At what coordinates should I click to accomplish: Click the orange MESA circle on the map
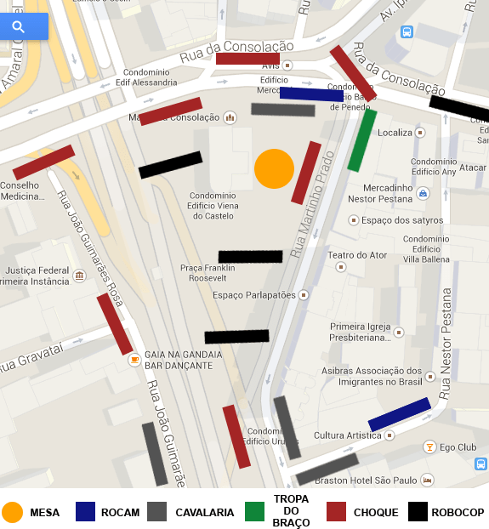click(274, 168)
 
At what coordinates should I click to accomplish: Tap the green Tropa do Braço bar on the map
click(361, 140)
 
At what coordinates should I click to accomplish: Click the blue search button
click(19, 27)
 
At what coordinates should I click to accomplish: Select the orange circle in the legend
click(12, 512)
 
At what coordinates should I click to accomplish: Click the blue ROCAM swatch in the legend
click(85, 512)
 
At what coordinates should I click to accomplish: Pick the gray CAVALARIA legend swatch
click(156, 512)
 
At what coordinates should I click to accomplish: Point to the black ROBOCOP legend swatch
click(418, 512)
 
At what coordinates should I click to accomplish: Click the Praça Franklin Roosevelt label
click(203, 272)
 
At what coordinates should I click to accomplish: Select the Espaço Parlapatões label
click(254, 295)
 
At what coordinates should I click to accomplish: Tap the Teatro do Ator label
click(357, 255)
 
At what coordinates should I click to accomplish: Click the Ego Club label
click(458, 447)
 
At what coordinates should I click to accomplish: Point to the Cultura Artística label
click(346, 435)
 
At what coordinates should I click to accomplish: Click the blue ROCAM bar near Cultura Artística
click(399, 414)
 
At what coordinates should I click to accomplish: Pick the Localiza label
click(394, 133)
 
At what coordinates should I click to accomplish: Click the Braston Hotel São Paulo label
click(366, 481)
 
